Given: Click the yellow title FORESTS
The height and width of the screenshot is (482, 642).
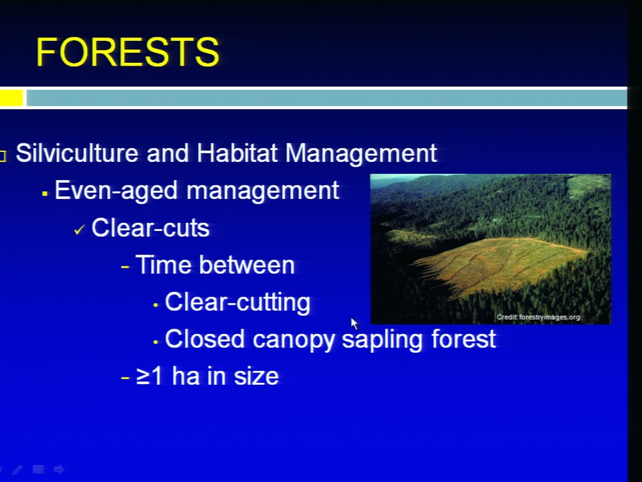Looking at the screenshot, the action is (x=128, y=52).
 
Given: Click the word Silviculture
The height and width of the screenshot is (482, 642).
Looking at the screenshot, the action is (x=77, y=153).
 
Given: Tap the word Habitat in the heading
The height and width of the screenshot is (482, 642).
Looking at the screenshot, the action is (x=237, y=153).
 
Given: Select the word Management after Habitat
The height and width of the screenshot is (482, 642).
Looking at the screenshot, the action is (x=360, y=154).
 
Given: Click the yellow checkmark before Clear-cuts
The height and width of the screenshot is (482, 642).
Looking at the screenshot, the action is (x=79, y=230).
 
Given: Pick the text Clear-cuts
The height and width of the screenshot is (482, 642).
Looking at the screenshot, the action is (x=150, y=228).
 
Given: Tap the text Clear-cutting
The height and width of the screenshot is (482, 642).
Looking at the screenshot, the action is (x=237, y=303).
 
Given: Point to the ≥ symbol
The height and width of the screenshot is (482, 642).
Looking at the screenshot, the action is (x=142, y=377).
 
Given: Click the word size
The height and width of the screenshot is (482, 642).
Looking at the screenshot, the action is (x=256, y=376).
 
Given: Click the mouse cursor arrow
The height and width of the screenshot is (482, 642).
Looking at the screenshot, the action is (x=354, y=323).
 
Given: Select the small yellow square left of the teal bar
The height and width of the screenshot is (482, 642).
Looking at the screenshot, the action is (x=11, y=98).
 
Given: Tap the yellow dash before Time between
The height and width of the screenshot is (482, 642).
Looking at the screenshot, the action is (x=125, y=267).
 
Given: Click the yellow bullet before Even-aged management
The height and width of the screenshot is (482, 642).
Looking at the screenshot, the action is (x=45, y=193).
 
